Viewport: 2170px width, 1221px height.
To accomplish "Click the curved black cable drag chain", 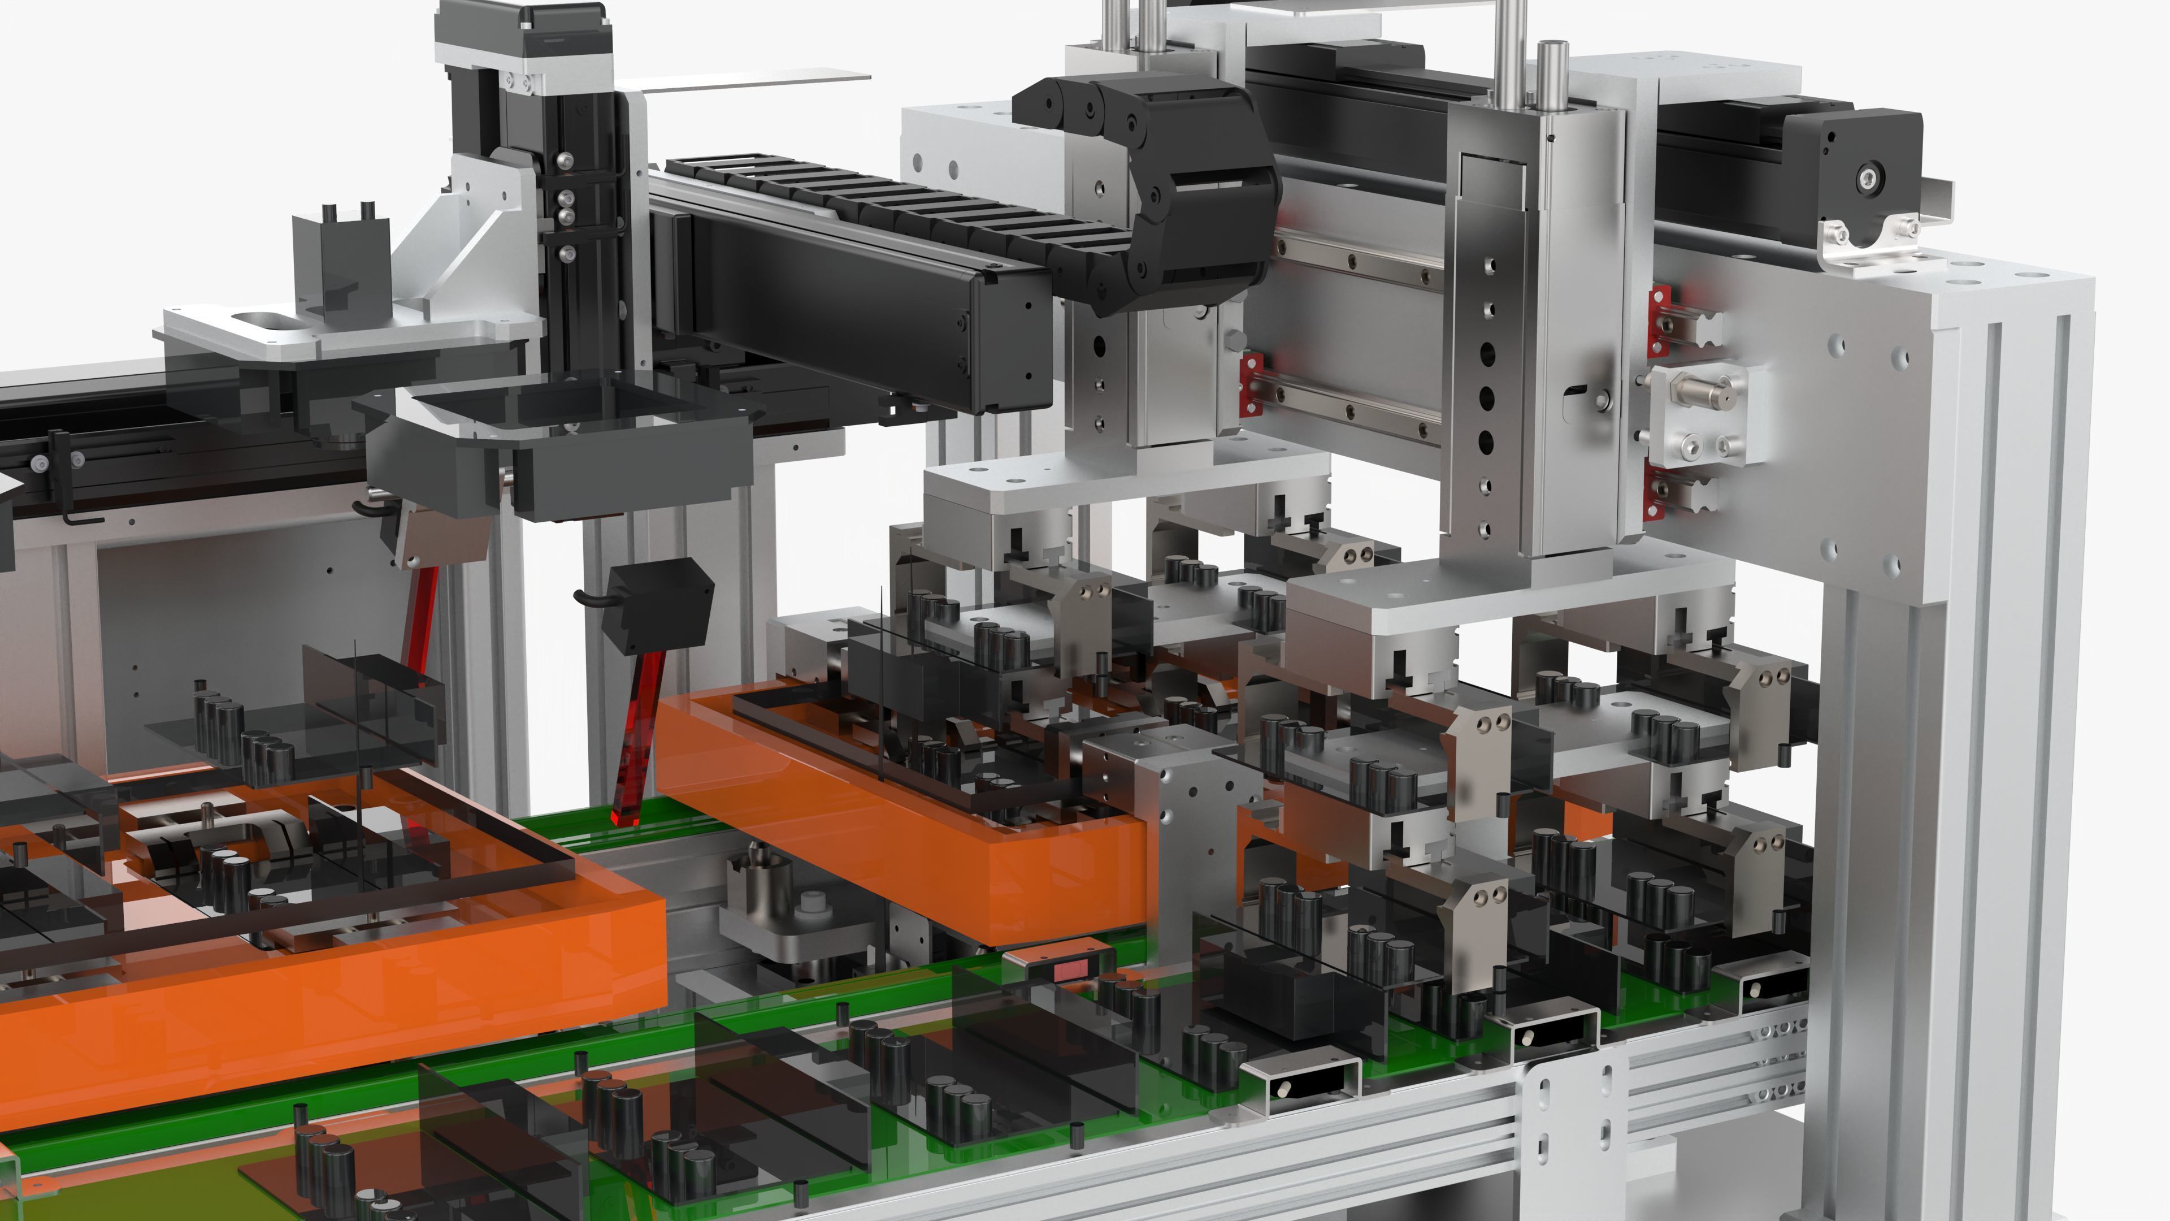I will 1179,185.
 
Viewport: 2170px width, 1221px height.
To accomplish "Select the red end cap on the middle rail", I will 1252,383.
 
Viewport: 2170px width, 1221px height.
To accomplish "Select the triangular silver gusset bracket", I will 472,244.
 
